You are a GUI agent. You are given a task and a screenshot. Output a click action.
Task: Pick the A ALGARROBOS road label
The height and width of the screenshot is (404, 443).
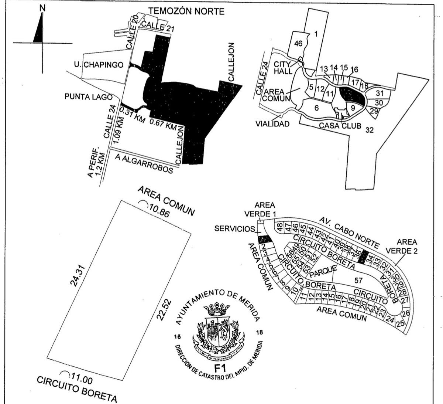click(x=144, y=163)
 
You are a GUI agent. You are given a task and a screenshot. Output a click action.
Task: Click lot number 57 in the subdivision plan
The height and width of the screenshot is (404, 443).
click(x=358, y=281)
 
